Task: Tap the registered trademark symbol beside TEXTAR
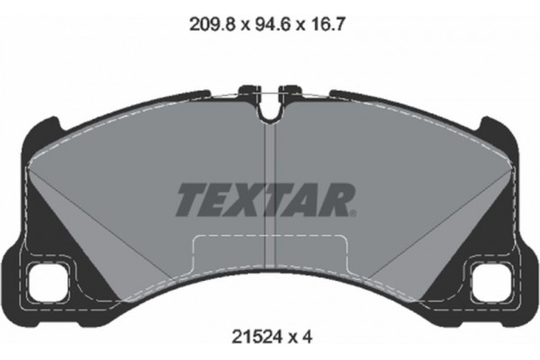(356, 213)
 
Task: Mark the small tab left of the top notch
(247, 90)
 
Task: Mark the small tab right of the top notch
(292, 90)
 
